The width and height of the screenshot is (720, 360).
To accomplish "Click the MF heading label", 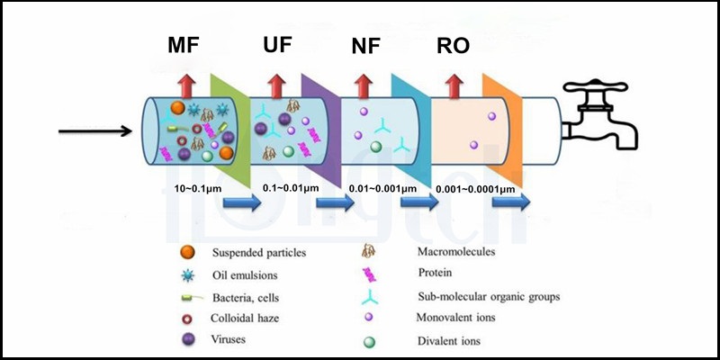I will pos(186,46).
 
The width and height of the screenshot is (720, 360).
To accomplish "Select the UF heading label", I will pos(280,46).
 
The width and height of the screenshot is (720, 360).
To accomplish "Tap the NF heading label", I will pos(366,46).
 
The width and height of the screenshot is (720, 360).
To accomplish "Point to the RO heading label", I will pos(453,46).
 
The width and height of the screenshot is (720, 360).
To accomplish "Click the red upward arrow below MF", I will pos(187,86).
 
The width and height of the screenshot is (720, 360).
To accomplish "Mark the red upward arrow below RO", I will pos(454,86).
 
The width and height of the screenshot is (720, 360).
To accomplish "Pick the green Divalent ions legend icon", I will pos(368,341).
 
